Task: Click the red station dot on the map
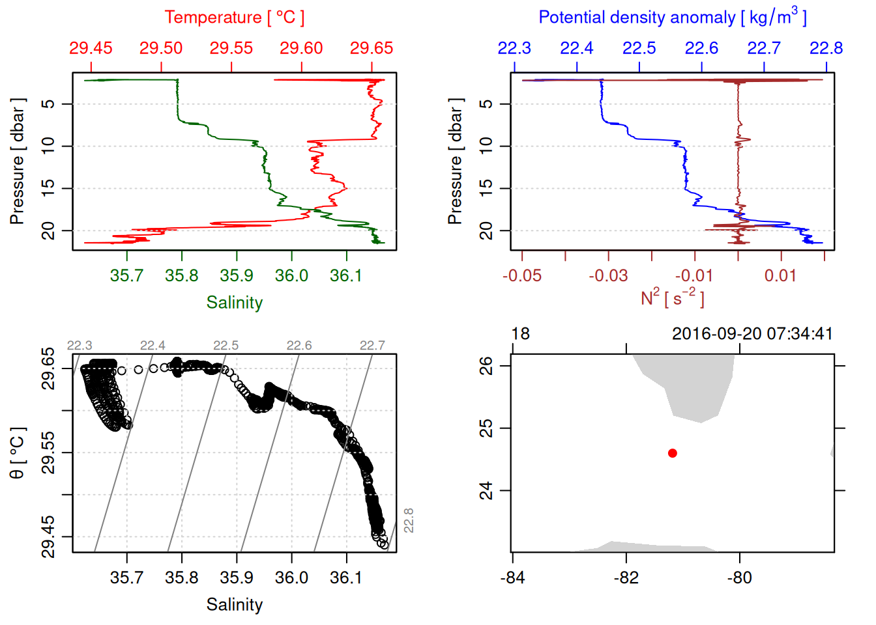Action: (x=673, y=453)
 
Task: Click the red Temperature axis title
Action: (x=234, y=18)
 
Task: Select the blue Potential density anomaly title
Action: (x=672, y=17)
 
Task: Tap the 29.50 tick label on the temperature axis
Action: (x=161, y=48)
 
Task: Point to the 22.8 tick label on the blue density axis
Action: (x=826, y=48)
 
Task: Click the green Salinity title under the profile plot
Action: (x=234, y=303)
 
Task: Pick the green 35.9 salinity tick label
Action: (x=236, y=275)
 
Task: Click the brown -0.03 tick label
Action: (x=608, y=275)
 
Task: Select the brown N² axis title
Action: (x=672, y=298)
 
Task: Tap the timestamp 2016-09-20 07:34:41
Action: (x=752, y=334)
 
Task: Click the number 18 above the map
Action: (x=520, y=334)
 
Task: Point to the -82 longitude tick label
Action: (x=626, y=577)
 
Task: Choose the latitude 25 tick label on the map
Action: (x=486, y=428)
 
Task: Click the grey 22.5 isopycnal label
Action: (x=226, y=346)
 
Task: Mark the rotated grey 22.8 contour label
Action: (x=409, y=521)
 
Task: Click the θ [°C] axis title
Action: (x=18, y=453)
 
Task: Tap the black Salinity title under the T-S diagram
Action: (x=234, y=605)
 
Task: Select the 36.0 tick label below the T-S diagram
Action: (x=291, y=577)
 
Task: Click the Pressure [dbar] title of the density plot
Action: (x=455, y=161)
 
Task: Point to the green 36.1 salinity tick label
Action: (x=346, y=275)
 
